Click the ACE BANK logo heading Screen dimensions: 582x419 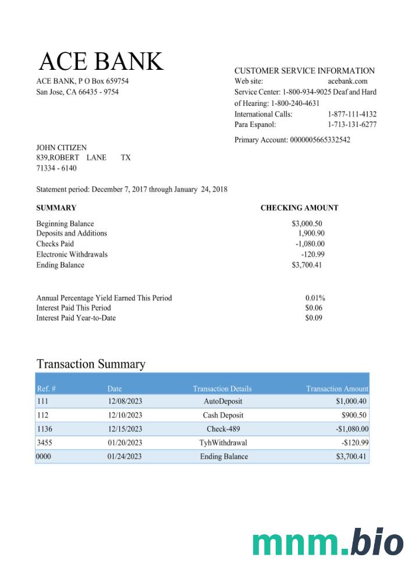click(101, 62)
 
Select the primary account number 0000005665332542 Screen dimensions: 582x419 click(319, 140)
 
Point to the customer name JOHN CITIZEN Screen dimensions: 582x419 click(61, 148)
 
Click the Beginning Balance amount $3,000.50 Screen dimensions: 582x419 click(307, 223)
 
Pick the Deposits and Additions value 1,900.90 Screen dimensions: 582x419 click(311, 233)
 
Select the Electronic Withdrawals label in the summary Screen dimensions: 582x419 click(72, 254)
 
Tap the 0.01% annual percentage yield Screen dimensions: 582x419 click(315, 298)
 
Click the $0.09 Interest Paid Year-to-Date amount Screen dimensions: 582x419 click(314, 318)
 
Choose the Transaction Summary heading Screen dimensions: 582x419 click(91, 364)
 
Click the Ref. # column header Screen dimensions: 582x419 click(46, 389)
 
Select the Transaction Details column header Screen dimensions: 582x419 click(222, 389)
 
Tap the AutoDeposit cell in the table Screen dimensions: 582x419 click(223, 402)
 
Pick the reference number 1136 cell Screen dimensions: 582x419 click(44, 429)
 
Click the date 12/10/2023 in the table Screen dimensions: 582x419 click(125, 416)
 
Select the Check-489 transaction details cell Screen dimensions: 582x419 click(223, 429)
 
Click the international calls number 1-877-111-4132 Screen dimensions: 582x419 click(351, 114)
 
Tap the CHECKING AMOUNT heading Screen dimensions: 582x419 click(299, 208)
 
